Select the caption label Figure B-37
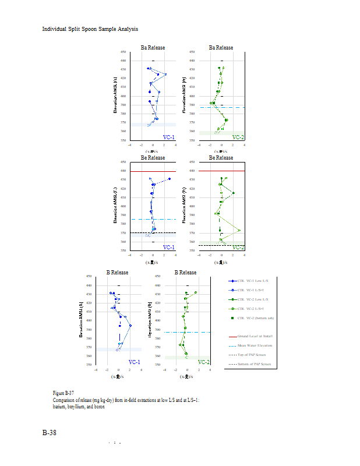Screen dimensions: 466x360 [63, 394]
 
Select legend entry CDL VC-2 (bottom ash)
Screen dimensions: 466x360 [256, 318]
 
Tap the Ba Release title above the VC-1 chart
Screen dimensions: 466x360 [153, 48]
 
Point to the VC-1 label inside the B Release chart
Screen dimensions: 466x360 [133, 362]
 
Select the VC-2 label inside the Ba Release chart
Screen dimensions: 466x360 [238, 137]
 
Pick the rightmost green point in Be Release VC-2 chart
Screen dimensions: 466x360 [239, 231]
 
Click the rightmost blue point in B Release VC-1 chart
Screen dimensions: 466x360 [130, 326]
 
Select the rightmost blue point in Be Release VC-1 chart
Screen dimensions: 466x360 [170, 179]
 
